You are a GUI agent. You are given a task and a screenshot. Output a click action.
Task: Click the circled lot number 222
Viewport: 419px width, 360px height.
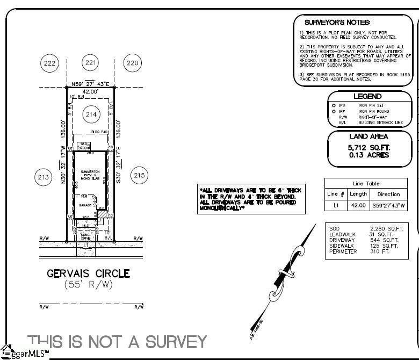pos(49,63)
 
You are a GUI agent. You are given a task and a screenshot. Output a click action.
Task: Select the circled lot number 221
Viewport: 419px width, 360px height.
pos(91,63)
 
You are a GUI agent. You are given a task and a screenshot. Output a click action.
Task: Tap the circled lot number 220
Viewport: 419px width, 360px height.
pos(132,63)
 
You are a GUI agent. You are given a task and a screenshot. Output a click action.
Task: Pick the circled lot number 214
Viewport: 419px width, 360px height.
pos(91,114)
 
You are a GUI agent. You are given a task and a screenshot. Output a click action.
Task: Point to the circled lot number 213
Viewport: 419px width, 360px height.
pos(43,176)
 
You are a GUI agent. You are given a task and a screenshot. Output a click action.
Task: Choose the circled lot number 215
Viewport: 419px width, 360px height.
pos(139,176)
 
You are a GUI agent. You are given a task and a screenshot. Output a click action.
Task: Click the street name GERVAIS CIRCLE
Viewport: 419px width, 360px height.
pos(88,273)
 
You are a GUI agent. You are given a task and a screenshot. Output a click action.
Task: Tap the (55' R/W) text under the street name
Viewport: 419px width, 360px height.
pos(89,285)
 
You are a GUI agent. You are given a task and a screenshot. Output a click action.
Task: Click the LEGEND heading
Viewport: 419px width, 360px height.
pos(369,96)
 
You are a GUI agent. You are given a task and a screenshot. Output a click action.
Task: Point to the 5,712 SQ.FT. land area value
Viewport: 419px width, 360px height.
pos(369,147)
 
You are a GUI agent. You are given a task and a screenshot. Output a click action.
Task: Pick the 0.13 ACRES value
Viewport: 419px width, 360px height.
pos(369,155)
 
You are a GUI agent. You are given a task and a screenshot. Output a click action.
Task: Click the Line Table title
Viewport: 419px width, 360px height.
pos(366,184)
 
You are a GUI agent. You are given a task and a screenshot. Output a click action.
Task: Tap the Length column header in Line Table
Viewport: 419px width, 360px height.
pos(358,194)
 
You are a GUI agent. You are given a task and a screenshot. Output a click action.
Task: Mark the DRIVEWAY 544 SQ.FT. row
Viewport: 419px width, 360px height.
pos(363,240)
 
